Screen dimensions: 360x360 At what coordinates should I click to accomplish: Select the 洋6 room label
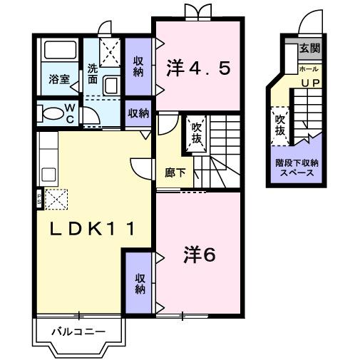tap(200, 253)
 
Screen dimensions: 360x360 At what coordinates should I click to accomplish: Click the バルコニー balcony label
tap(79, 331)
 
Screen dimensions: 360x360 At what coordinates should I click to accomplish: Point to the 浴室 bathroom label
tap(59, 79)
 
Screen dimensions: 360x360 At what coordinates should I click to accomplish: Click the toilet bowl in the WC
tap(51, 113)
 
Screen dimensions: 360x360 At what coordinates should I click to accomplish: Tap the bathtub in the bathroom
tap(59, 51)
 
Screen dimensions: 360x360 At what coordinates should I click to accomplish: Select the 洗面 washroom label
tap(93, 74)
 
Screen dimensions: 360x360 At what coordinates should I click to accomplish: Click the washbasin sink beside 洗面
tap(113, 86)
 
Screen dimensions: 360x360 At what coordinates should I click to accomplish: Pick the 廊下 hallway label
tap(175, 172)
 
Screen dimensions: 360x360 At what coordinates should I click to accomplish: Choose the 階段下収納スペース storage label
tap(297, 167)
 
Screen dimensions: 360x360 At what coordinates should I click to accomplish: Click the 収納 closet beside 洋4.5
tap(138, 66)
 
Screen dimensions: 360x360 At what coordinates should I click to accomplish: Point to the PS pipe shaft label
tap(38, 196)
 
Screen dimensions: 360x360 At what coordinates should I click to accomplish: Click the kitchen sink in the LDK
tap(47, 174)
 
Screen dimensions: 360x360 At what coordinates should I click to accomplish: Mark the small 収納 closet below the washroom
tap(138, 113)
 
